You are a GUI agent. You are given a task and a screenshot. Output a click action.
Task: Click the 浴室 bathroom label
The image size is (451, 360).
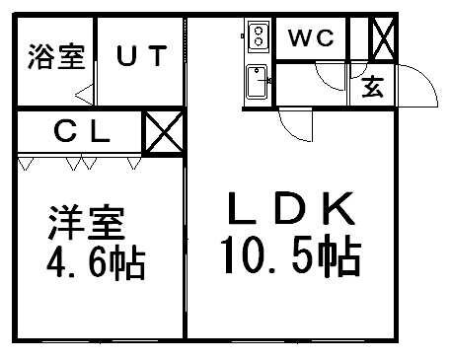48,54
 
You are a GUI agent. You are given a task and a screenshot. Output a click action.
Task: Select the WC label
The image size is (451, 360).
313,38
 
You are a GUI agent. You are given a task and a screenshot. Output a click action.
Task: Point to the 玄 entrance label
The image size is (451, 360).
373,87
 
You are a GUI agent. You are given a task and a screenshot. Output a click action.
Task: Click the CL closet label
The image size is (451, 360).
82,128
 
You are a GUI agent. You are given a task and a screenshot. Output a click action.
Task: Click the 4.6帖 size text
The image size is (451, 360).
95,263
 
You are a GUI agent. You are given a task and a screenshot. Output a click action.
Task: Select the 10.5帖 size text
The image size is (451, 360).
288,258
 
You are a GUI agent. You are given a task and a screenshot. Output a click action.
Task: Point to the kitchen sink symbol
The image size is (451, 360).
257,81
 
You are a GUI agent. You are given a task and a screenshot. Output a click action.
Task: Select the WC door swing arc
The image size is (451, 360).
326,80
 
